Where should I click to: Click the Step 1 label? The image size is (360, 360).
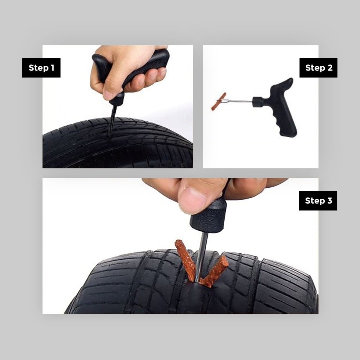click(41, 68)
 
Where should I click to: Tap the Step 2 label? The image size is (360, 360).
click(318, 68)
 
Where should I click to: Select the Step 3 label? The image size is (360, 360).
click(318, 201)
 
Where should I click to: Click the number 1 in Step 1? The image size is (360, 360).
click(52, 68)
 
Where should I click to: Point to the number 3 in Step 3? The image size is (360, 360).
click(329, 201)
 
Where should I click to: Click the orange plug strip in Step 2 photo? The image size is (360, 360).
click(219, 101)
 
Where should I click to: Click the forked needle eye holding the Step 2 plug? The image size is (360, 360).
click(224, 100)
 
